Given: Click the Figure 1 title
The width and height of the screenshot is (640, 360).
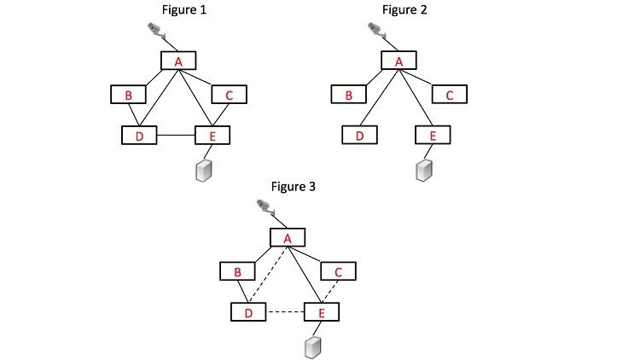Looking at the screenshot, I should tap(184, 10).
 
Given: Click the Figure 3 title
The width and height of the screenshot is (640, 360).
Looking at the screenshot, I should tap(294, 186).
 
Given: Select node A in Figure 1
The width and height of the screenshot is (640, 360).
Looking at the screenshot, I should tap(178, 61).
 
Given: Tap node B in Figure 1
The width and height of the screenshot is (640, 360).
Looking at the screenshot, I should tap(128, 95).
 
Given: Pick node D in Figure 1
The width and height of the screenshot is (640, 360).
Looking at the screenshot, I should tap(139, 135).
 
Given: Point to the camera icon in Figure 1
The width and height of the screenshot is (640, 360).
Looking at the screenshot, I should tap(155, 32).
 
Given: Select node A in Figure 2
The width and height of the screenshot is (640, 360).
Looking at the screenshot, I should tap(399, 61).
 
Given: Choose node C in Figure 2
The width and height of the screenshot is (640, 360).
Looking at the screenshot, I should tap(449, 95).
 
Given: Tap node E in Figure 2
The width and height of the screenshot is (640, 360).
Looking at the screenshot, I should tap(432, 135).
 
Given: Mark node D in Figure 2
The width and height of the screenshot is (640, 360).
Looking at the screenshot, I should tap(359, 135).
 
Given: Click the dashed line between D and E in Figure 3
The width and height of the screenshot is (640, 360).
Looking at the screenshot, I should tap(285, 312).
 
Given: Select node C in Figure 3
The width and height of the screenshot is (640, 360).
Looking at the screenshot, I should tap(338, 271).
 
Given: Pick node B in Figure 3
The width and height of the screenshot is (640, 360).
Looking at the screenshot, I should tap(237, 271).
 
